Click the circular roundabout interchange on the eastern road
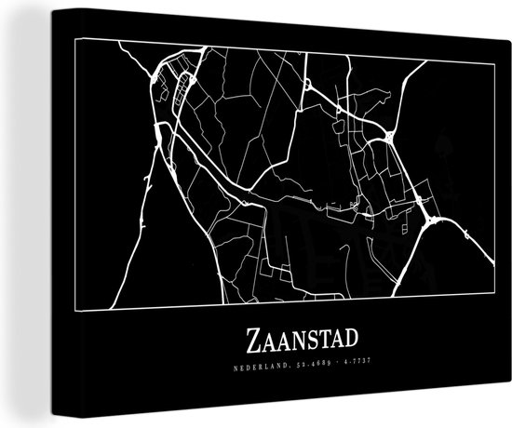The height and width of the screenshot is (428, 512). pos(386,137)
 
